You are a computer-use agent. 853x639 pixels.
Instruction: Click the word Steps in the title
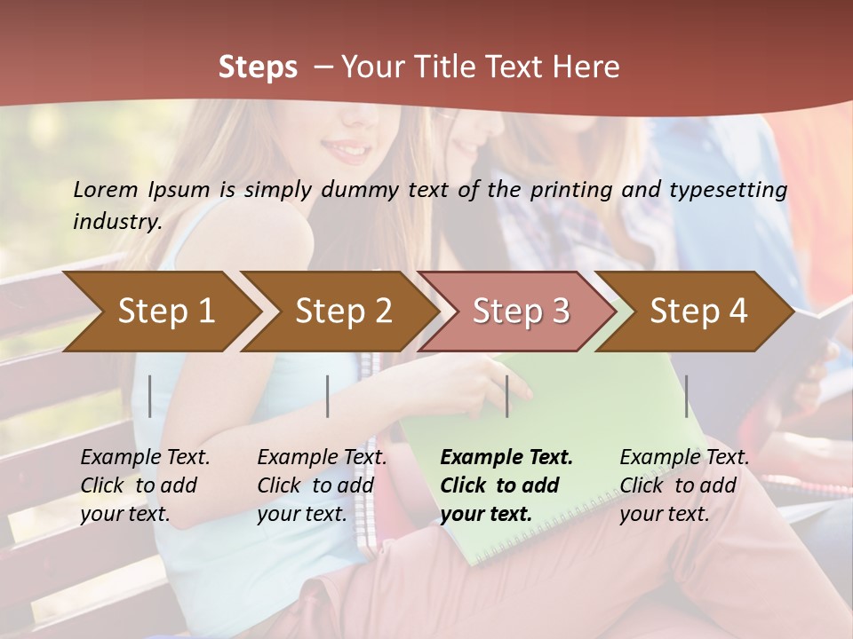coord(258,67)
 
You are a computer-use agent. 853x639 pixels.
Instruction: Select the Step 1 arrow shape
coord(160,311)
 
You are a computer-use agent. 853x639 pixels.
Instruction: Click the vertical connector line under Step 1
coord(150,396)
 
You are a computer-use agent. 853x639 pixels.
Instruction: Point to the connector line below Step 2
coord(328,396)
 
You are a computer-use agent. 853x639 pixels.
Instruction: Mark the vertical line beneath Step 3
coord(507,396)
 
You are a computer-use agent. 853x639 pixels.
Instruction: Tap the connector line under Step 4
coord(687,396)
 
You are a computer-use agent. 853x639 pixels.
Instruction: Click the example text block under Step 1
coord(145,485)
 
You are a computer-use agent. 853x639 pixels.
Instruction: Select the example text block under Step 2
coord(322,485)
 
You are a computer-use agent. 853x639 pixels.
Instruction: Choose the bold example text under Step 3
coord(506,485)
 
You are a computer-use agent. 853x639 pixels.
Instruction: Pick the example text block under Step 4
coord(684,485)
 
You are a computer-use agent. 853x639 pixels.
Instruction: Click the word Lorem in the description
coord(107,189)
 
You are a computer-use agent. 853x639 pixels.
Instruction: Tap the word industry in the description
coord(116,221)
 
